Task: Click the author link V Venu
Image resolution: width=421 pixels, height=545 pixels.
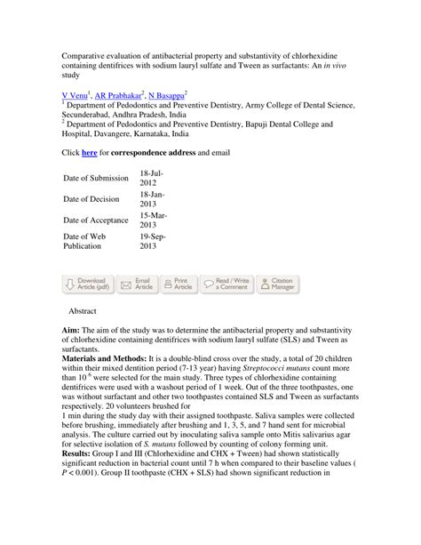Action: tap(75, 92)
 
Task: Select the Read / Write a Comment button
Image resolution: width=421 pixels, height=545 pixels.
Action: tap(227, 284)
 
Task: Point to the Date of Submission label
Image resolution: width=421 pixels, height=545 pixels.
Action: tap(96, 178)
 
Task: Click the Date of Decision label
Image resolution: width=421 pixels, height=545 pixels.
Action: tap(91, 199)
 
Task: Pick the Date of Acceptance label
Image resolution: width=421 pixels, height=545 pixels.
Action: tap(96, 220)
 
